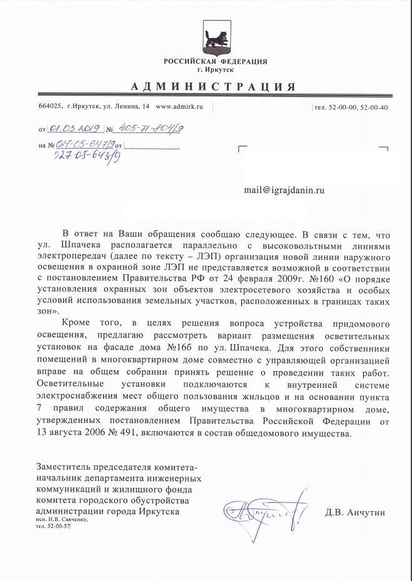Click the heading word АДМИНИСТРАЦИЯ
pos(214,86)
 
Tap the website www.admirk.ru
pos(179,107)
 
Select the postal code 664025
pos(51,107)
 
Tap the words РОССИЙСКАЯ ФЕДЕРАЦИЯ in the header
pos(215,61)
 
